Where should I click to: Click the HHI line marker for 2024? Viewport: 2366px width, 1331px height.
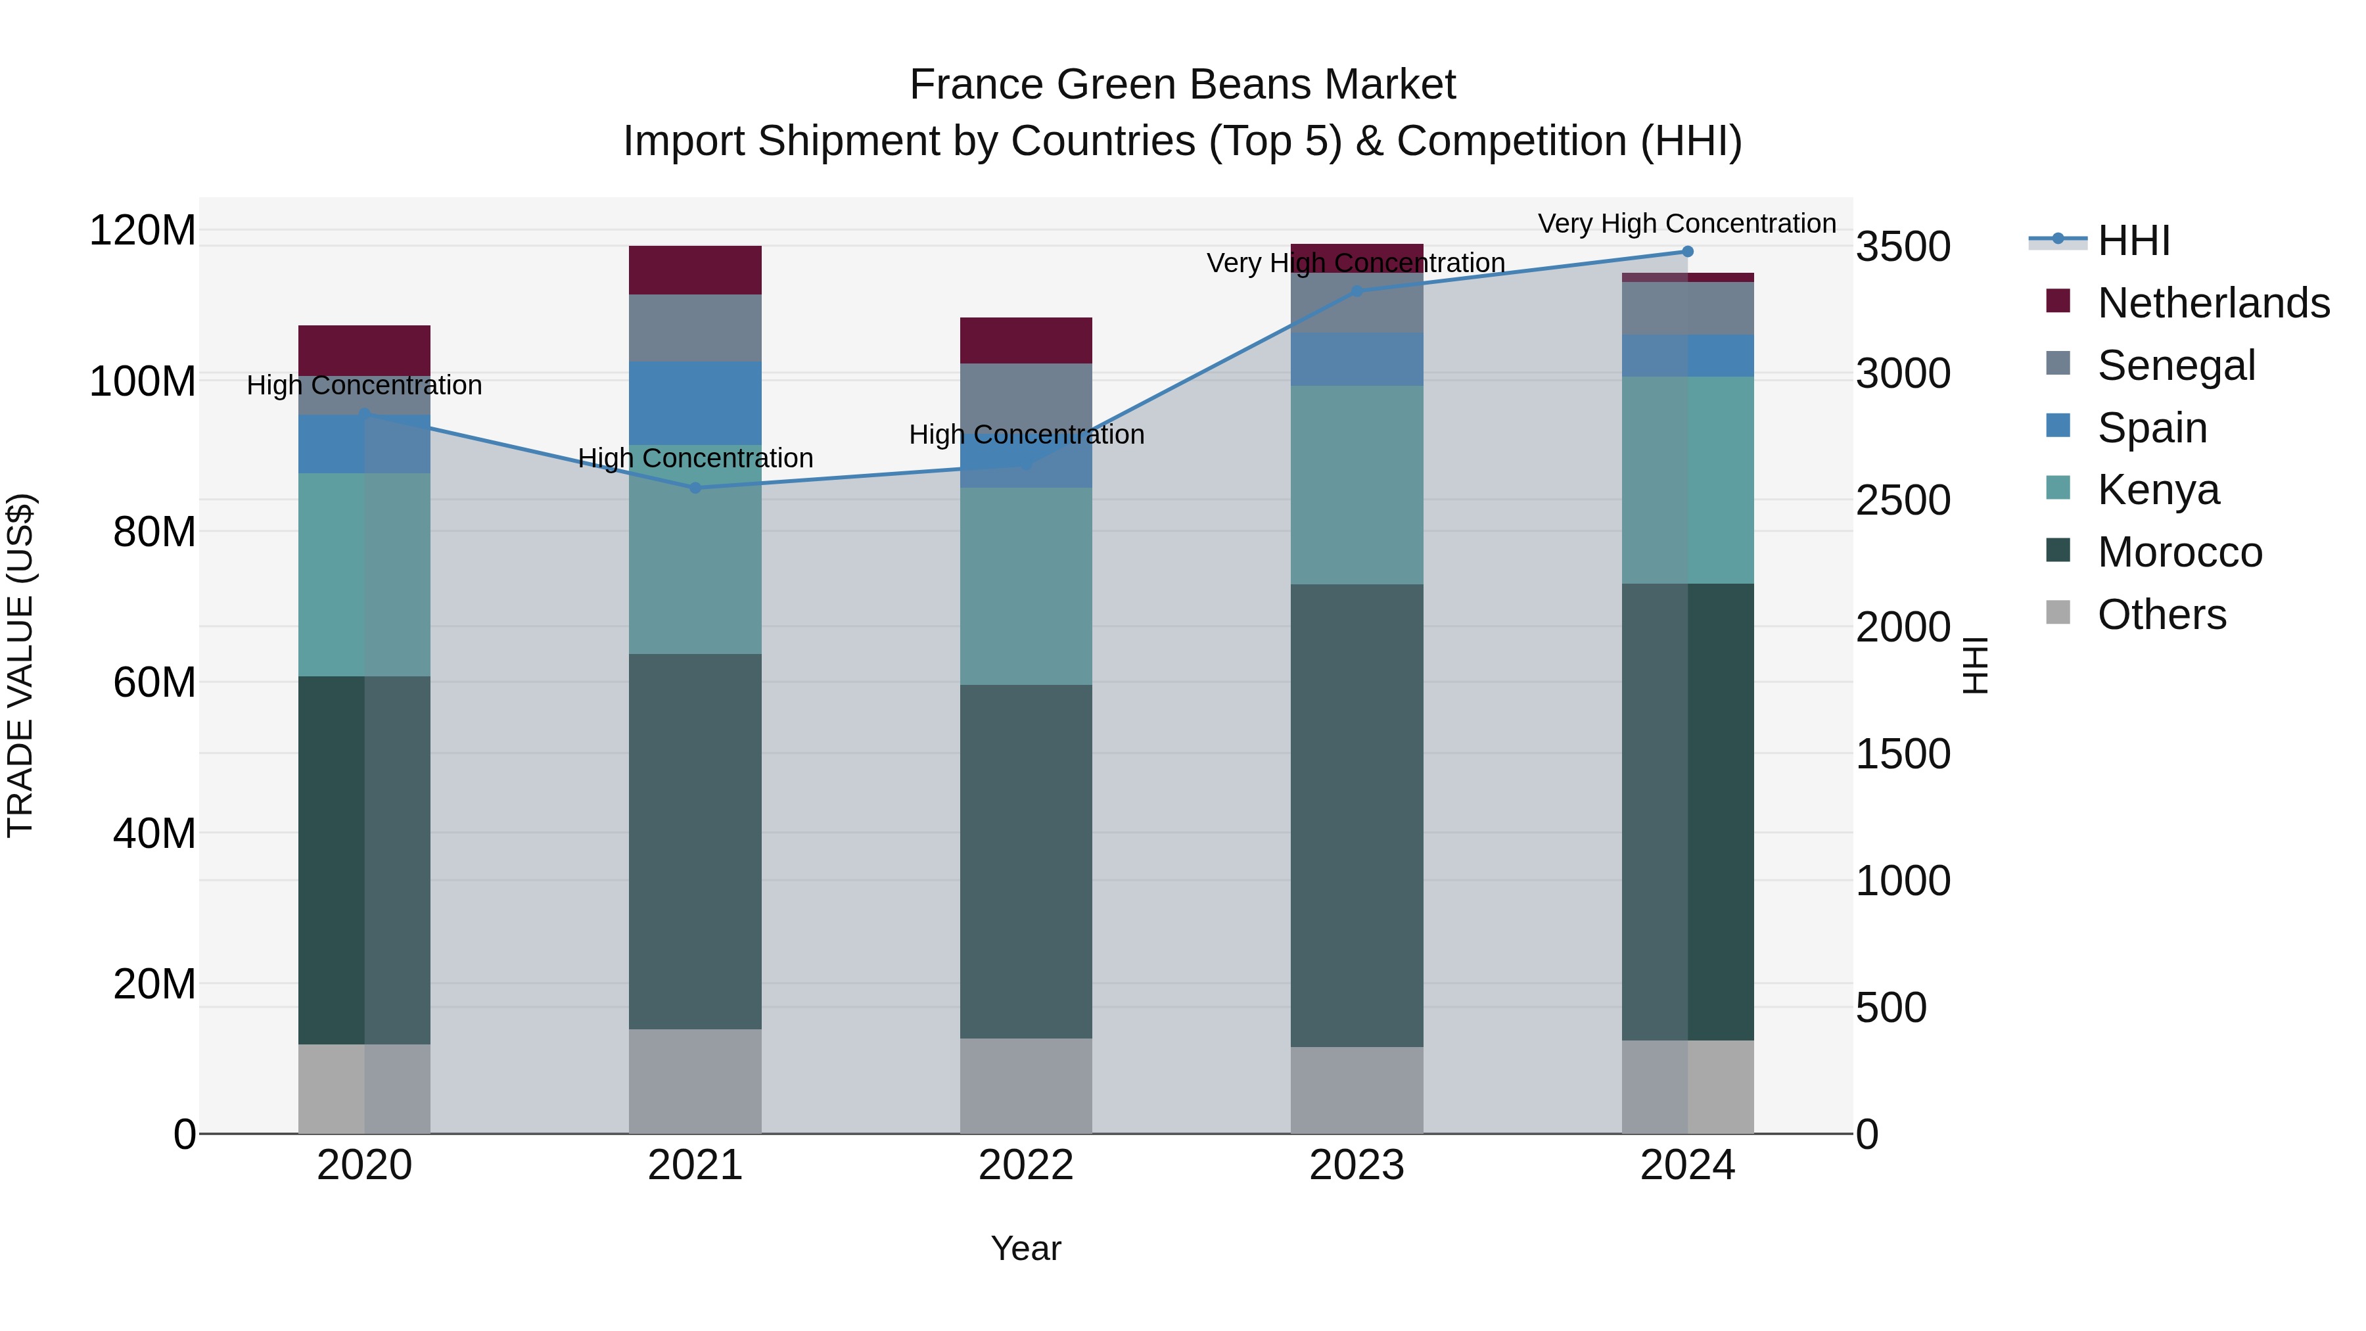pos(1687,252)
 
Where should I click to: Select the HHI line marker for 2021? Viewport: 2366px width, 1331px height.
pos(695,488)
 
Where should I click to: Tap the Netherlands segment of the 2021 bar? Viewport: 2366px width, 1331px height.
pos(695,270)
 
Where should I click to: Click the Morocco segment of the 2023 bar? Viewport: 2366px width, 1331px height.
pos(1357,815)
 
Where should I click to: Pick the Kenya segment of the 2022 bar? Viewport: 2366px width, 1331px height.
pos(1026,586)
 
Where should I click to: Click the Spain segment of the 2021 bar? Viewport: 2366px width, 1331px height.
pos(695,404)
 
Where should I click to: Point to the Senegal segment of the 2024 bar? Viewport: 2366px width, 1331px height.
pos(1687,309)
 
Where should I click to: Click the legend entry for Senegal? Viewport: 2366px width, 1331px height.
pos(2176,365)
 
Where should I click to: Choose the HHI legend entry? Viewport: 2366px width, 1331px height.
pos(2133,241)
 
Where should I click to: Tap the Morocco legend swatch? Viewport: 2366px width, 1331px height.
pos(2058,551)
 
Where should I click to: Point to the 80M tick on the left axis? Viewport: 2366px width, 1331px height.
pos(154,532)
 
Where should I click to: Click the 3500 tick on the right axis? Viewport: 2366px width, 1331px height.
pos(1902,247)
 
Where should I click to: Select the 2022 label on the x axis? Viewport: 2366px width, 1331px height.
pos(1026,1165)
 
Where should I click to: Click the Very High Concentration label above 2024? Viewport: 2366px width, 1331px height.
pos(1686,223)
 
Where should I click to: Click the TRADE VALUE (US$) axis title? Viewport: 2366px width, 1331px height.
pos(20,665)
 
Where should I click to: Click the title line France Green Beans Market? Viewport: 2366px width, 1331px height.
pos(1182,85)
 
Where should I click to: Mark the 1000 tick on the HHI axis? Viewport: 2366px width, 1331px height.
pos(1902,881)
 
